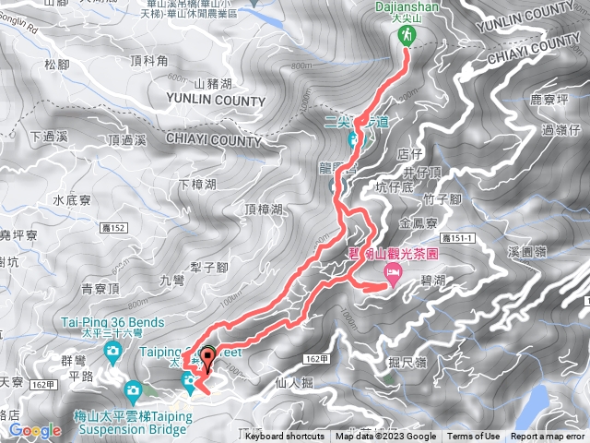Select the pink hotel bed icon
(393, 272)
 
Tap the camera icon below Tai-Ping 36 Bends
(112, 351)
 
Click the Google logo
(35, 431)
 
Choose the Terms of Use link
(474, 437)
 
